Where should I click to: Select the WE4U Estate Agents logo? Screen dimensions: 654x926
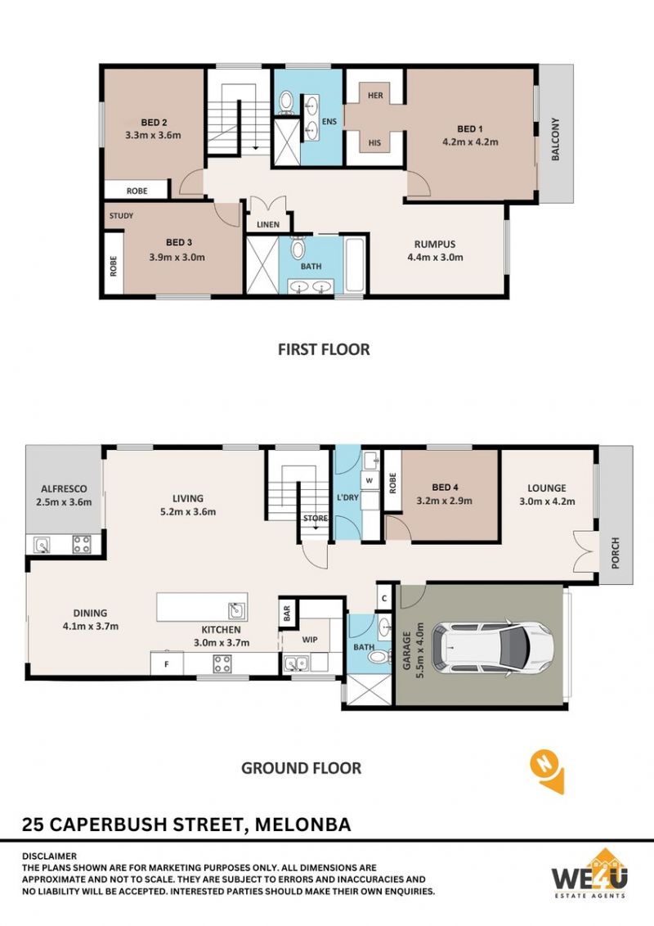point(589,874)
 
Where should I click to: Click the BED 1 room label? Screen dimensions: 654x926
point(470,128)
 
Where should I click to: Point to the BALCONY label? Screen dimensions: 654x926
point(555,139)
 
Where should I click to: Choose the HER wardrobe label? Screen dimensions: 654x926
point(375,95)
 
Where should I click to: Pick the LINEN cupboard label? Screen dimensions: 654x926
point(268,224)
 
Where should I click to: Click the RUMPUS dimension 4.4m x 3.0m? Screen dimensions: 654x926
point(435,257)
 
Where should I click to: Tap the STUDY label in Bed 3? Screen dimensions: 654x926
point(121,216)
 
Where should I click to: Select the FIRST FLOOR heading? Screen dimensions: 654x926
point(324,349)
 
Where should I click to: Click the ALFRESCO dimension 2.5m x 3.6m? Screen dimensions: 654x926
point(64,502)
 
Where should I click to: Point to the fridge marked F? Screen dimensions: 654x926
point(167,663)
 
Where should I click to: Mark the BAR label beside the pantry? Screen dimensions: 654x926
point(287,613)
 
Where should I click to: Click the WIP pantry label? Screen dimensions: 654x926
point(310,640)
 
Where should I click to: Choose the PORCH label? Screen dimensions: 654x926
point(616,553)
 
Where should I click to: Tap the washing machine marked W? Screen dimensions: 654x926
point(370,481)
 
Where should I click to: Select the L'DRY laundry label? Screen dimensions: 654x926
point(347,497)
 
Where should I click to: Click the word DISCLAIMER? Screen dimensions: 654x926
point(50,856)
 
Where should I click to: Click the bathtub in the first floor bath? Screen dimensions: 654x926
point(354,265)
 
